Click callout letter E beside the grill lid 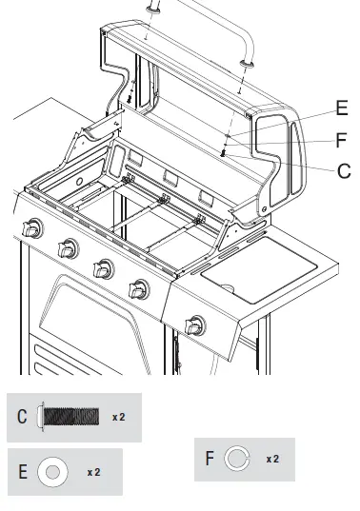(x=341, y=108)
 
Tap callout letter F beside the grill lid (x=341, y=140)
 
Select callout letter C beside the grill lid (x=343, y=171)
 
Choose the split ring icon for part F (x=235, y=459)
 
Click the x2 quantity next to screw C (x=119, y=417)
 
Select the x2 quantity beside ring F (x=272, y=459)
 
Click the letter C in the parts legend (x=22, y=417)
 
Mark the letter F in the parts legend (x=209, y=459)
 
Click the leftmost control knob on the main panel (x=31, y=229)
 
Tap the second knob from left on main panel (x=68, y=249)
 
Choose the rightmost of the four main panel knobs (x=140, y=287)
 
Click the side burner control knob (x=195, y=326)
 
